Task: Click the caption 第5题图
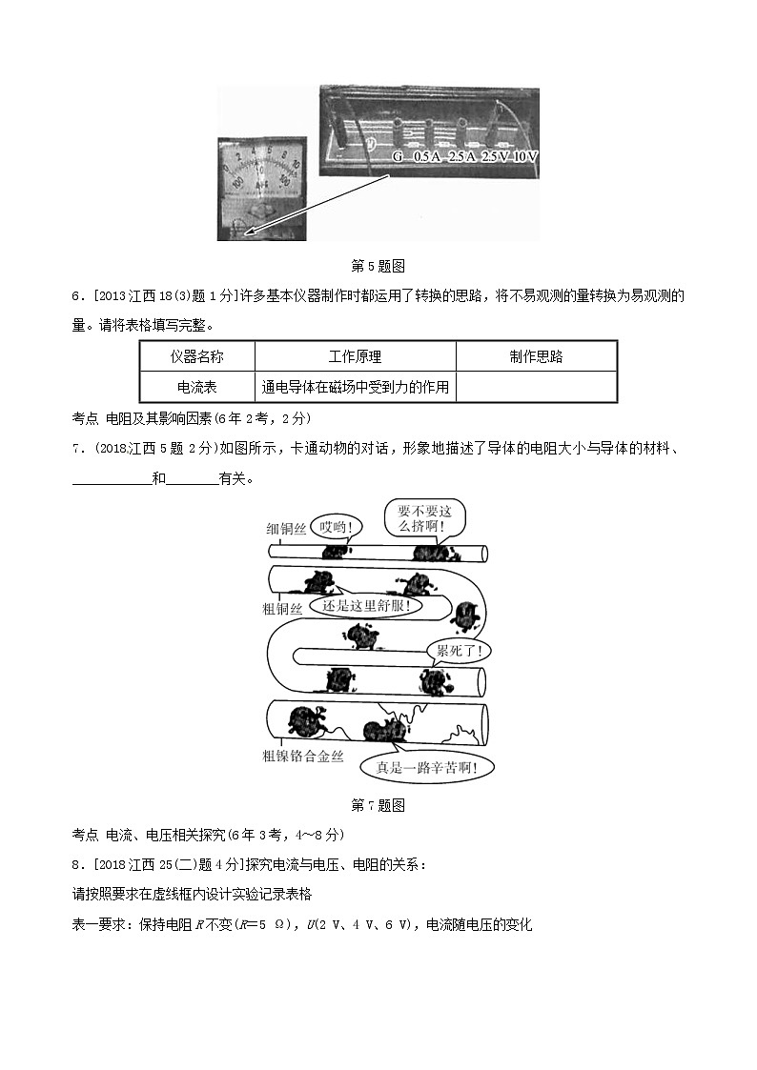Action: (x=378, y=266)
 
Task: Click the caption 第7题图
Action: (x=378, y=805)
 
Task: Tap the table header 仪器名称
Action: (x=197, y=356)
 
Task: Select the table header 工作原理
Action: (x=355, y=356)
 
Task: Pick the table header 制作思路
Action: (x=536, y=356)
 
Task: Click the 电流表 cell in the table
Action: (x=197, y=387)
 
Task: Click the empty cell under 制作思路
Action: (x=536, y=387)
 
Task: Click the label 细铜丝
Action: (x=286, y=529)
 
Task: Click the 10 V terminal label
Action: (x=526, y=155)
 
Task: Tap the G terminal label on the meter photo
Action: (x=398, y=155)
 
